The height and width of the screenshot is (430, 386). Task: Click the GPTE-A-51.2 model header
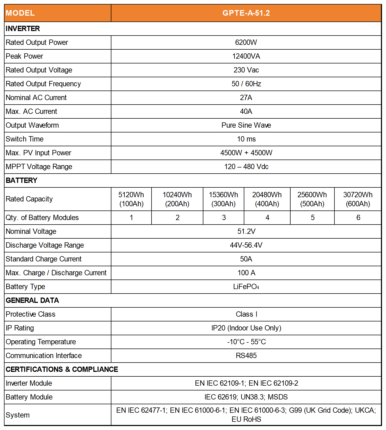pos(246,13)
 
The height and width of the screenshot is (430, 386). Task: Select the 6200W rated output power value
pos(246,42)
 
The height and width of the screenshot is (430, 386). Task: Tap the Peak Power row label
pos(24,56)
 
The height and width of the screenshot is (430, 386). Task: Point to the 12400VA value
pos(246,56)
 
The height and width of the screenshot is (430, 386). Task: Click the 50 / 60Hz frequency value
pos(246,84)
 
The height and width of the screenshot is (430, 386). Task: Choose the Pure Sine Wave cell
pos(246,125)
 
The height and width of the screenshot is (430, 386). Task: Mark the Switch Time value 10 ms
pos(246,139)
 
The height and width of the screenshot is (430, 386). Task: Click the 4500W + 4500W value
pos(246,153)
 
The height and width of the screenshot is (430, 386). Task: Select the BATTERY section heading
pos(22,180)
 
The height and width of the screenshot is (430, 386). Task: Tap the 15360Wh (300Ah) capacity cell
pos(223,199)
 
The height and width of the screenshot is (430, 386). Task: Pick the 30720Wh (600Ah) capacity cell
pos(358,199)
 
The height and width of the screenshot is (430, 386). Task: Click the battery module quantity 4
pos(267,218)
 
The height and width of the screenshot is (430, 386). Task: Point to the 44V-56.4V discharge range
pos(246,245)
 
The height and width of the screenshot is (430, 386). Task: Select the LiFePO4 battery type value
pos(246,287)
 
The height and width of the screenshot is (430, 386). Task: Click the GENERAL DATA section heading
pos(32,300)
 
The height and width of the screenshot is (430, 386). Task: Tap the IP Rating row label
pos(20,328)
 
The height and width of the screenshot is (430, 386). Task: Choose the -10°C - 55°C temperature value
pos(246,342)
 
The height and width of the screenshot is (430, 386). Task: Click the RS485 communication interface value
pos(246,356)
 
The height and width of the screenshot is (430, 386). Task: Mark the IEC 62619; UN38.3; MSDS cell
pos(246,397)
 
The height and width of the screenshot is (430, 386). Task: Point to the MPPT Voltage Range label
pos(39,167)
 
